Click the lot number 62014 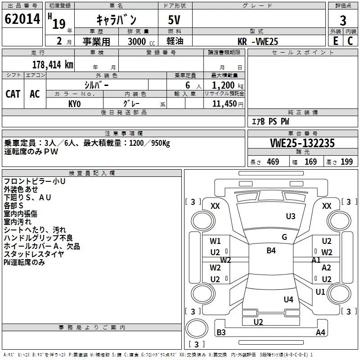coord(22,19)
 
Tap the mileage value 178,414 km coord(53,64)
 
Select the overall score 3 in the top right coord(343,21)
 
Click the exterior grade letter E coord(335,41)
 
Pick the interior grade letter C coord(350,41)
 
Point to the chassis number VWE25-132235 coord(302,143)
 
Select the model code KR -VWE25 coord(258,41)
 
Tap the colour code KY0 coord(74,103)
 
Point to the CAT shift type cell coord(13,94)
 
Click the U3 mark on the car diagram coord(291,216)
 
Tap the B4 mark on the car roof coord(271,251)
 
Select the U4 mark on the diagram coord(288,299)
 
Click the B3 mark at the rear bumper coord(221,333)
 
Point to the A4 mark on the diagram coord(320,333)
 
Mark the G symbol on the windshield coord(284,237)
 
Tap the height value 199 coord(347,162)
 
